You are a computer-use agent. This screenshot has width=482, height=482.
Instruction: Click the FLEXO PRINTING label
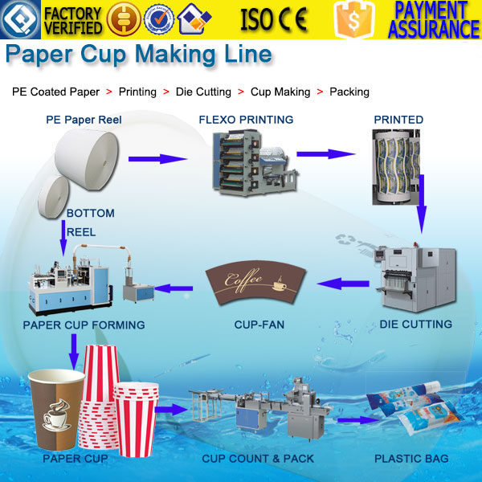(x=246, y=120)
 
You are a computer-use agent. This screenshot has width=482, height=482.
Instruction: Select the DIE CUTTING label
(x=415, y=325)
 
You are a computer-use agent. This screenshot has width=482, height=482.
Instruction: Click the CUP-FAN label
(x=259, y=325)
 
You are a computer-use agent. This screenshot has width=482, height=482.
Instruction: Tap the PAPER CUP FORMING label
(x=84, y=325)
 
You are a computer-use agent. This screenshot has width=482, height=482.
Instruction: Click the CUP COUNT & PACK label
(x=258, y=459)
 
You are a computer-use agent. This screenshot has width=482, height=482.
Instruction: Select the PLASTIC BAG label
(x=411, y=459)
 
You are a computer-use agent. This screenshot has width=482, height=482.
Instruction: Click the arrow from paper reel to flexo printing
(x=157, y=158)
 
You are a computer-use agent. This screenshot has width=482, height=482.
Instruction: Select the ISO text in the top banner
(x=258, y=19)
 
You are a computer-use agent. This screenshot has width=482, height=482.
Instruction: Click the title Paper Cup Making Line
(x=138, y=55)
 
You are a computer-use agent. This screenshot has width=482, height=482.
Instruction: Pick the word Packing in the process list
(x=349, y=92)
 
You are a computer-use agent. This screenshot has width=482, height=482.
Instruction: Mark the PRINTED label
(x=398, y=120)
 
